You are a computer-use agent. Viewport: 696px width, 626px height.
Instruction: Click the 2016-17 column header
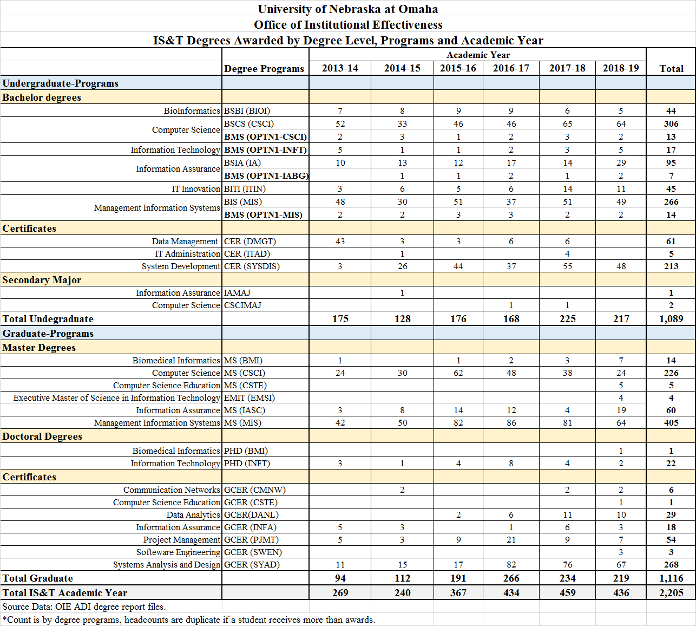[511, 68]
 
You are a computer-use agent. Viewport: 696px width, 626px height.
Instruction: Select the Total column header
[671, 68]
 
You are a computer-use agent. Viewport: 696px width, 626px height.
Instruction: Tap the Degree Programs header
[264, 68]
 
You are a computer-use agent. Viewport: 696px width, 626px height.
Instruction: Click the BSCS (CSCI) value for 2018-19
[621, 123]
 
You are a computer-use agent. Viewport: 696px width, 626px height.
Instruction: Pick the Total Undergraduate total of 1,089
[671, 319]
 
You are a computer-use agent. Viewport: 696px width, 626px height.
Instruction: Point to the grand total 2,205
[671, 593]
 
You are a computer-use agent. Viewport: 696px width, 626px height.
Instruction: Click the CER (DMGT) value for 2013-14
[340, 241]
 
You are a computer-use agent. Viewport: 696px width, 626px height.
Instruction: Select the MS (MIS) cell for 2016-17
[511, 422]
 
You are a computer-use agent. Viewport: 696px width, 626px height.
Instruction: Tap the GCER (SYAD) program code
[252, 564]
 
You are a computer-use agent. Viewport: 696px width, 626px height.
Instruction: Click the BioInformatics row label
[192, 110]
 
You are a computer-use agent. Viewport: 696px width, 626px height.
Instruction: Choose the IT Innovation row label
[196, 188]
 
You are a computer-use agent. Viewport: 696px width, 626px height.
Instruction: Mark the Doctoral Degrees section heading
[42, 436]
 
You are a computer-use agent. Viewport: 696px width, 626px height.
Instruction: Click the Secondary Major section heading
[42, 280]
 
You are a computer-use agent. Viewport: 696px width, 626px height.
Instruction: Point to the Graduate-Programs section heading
[48, 334]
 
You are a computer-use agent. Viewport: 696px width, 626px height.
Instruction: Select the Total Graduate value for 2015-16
[458, 578]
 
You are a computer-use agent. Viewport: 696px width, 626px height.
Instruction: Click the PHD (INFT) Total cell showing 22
[671, 463]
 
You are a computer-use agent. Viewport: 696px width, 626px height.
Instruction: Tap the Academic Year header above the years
[478, 55]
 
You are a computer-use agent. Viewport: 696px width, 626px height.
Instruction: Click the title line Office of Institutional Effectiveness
[348, 25]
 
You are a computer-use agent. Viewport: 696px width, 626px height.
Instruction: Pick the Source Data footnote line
[84, 607]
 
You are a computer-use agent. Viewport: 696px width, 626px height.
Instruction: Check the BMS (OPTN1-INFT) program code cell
[265, 149]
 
